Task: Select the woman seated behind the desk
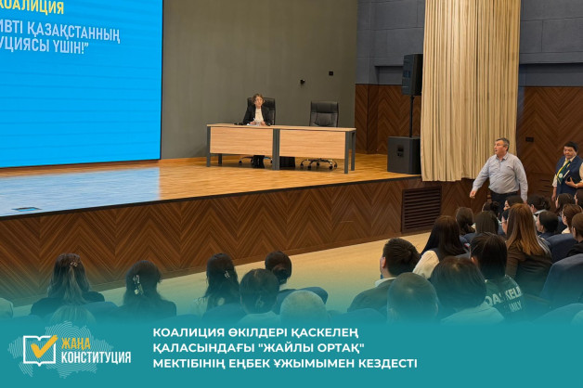click(x=257, y=113)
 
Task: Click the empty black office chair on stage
click(x=323, y=115)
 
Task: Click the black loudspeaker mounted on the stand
click(x=412, y=74)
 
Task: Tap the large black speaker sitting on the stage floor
click(x=404, y=155)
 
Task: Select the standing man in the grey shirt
click(x=501, y=173)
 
